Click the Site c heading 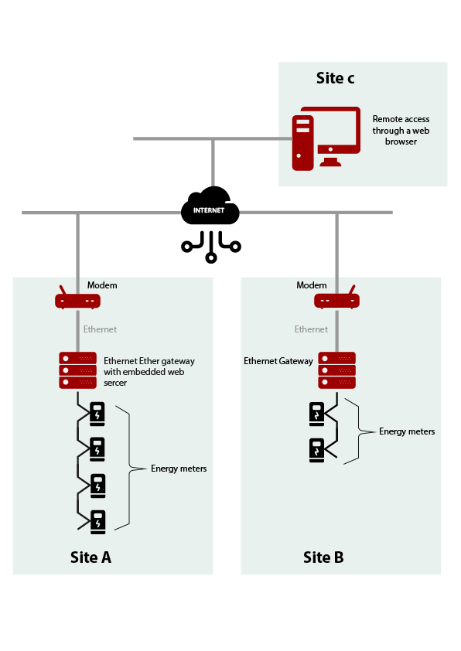[335, 78]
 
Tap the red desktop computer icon [326, 138]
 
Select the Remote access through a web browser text [401, 130]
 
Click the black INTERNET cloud [210, 206]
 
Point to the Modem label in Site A [102, 285]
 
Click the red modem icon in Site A [77, 298]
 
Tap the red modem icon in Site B [336, 298]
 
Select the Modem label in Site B [312, 285]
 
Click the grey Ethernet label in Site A [100, 329]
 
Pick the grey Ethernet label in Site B [311, 329]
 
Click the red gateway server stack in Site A [77, 370]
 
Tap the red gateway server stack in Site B [336, 370]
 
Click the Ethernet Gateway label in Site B [278, 361]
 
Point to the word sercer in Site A [115, 383]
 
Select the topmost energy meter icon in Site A [97, 414]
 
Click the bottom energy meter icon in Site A [98, 522]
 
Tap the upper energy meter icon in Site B [316, 414]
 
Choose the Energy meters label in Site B [407, 431]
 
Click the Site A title [90, 557]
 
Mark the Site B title [323, 557]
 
